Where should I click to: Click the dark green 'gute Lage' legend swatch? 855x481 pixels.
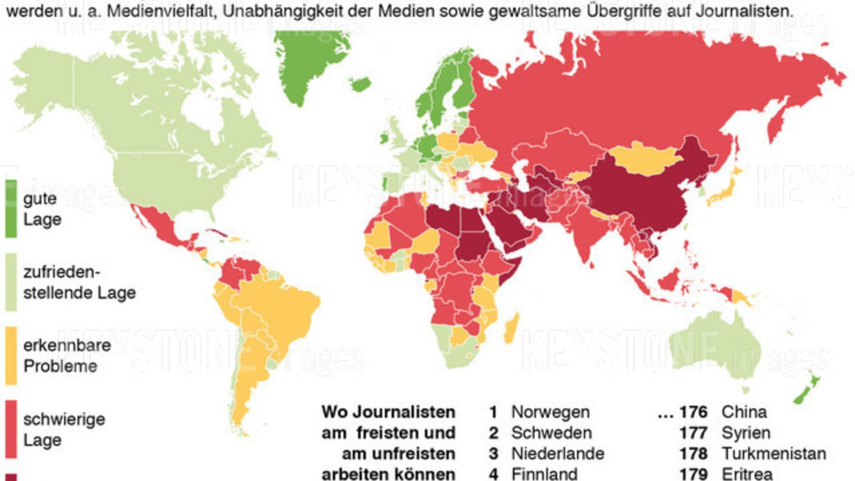click(x=11, y=208)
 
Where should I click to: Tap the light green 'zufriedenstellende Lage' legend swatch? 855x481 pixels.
click(x=11, y=282)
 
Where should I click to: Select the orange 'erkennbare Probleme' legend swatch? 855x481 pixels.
click(x=11, y=355)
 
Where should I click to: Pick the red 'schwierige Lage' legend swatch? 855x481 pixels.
click(x=11, y=429)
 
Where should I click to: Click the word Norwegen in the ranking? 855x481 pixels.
click(x=550, y=412)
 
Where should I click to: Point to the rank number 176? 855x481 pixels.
click(x=693, y=412)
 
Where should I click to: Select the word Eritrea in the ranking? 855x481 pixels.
click(x=747, y=473)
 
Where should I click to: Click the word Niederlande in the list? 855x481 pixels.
click(x=558, y=454)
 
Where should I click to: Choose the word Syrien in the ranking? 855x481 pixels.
click(x=746, y=433)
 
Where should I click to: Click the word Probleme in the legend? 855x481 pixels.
click(x=60, y=366)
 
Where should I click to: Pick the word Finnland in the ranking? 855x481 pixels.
click(x=544, y=473)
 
